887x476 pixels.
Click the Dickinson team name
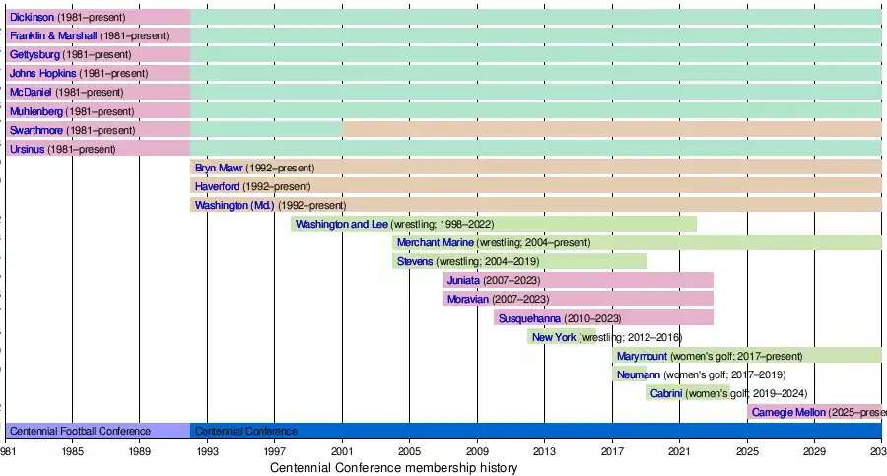point(32,17)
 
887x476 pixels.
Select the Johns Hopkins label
point(42,73)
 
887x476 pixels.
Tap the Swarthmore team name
point(36,130)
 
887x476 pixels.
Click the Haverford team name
point(217,186)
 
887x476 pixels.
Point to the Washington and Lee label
point(342,224)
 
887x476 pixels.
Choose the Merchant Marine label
point(435,242)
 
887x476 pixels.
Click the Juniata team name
point(463,280)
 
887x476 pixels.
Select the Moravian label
point(468,299)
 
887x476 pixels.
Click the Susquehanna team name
point(529,318)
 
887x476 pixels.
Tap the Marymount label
point(642,356)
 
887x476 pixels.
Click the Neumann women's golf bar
point(629,374)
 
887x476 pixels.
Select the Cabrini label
point(665,393)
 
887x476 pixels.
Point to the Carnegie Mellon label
point(787,412)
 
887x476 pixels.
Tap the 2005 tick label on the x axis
point(410,450)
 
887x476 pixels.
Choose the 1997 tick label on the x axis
point(275,450)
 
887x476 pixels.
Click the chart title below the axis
point(393,468)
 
